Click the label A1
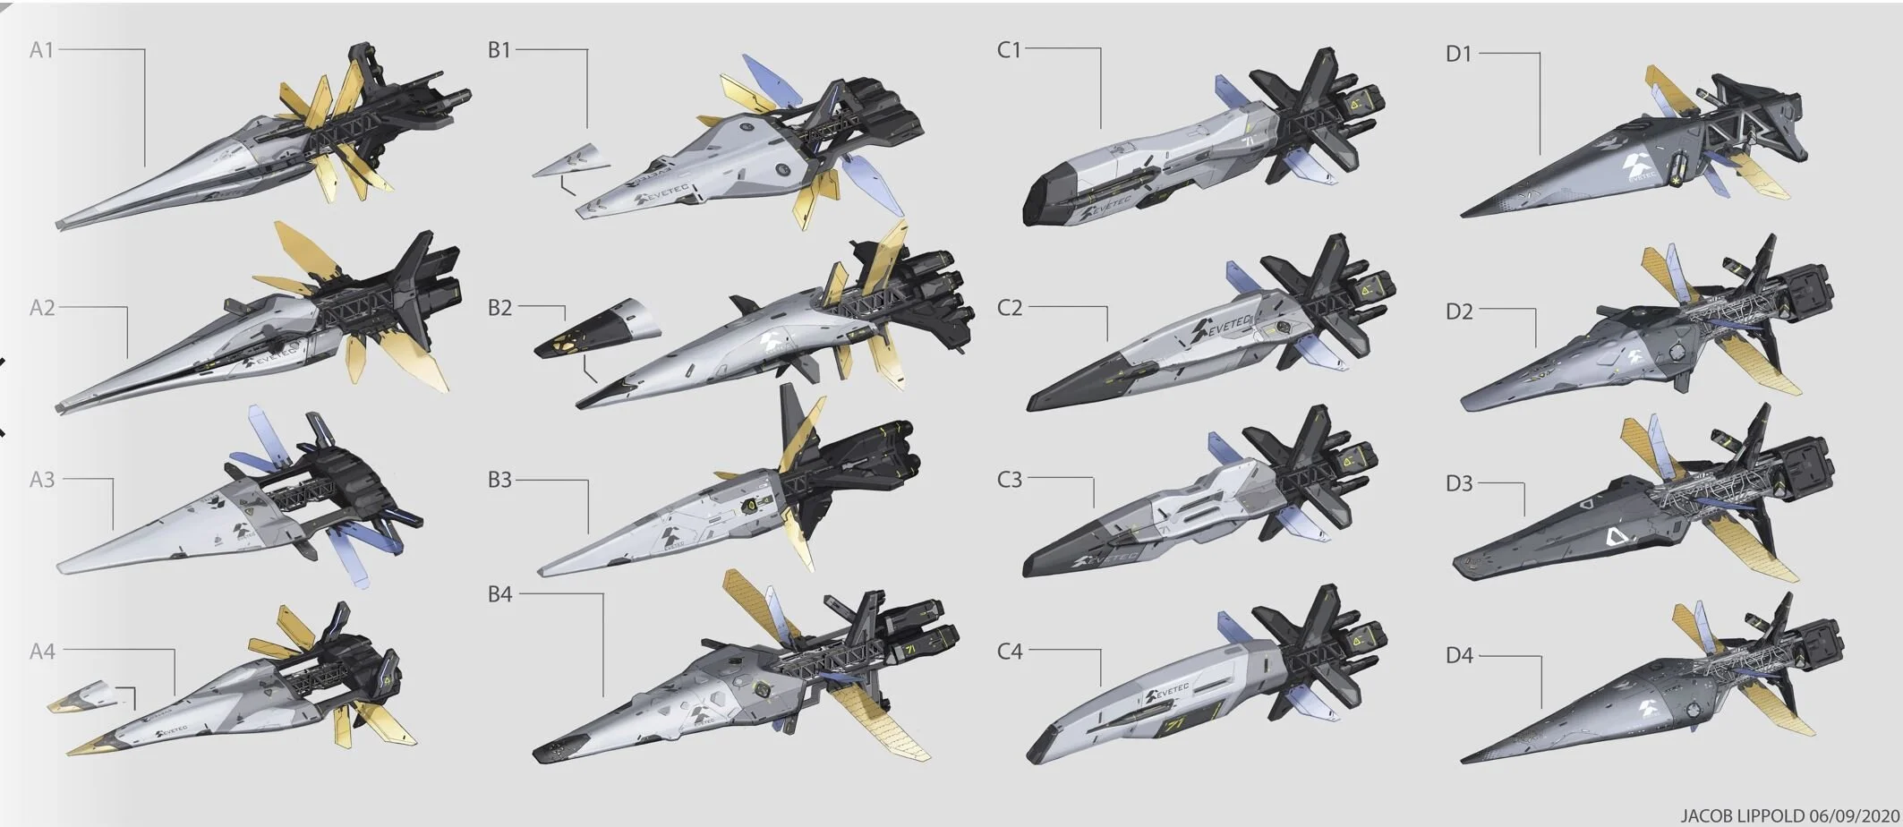[41, 50]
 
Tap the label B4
[499, 594]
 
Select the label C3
[1009, 480]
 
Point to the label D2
[1458, 311]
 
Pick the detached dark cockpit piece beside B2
[595, 327]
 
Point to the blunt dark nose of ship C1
[1038, 204]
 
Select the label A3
[41, 480]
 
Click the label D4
[1458, 656]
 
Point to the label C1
[1009, 50]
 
